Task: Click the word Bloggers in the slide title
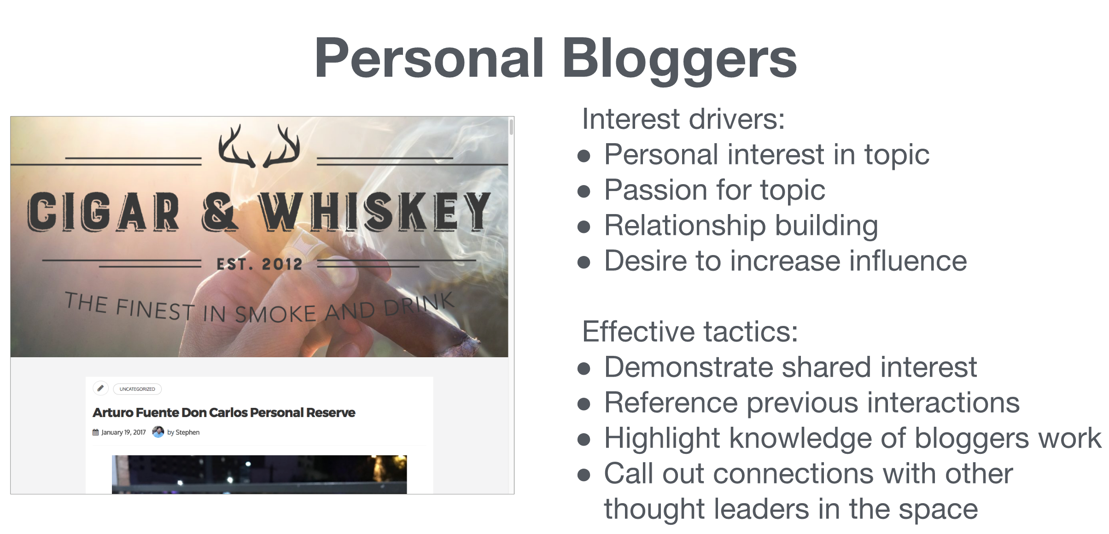680,60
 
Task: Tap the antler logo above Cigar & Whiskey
259,145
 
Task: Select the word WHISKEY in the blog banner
375,211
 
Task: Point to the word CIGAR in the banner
103,211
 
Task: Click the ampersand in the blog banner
220,211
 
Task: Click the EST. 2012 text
259,264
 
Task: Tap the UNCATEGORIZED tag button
137,389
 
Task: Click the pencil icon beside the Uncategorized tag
100,388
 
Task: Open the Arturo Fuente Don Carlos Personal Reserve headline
224,412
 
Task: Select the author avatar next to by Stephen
158,432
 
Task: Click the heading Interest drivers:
683,119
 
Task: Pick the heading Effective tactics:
690,331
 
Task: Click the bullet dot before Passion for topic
584,191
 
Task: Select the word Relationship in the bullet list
685,226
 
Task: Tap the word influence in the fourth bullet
908,261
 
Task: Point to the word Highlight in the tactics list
662,439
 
